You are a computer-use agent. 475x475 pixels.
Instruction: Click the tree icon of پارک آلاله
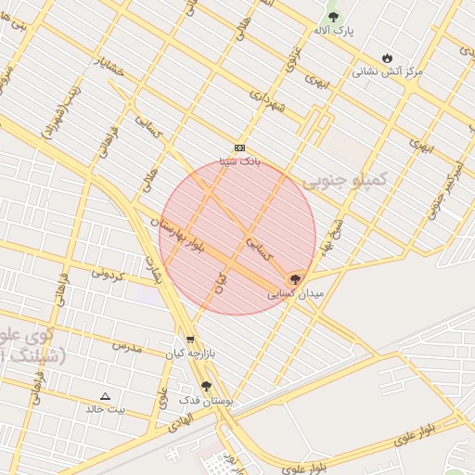coord(333,17)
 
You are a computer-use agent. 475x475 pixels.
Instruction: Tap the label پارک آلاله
coord(333,32)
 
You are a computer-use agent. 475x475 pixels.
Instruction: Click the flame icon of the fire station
coord(387,57)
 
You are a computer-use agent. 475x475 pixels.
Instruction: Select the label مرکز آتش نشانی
coord(387,71)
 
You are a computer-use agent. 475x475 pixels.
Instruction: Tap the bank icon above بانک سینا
coord(240,148)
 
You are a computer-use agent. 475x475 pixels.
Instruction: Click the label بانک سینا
coord(240,161)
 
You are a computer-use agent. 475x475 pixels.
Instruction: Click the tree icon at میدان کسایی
coord(295,277)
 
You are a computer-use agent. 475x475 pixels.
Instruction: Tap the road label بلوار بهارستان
coord(175,228)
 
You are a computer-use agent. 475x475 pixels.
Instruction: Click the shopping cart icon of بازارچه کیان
coord(190,340)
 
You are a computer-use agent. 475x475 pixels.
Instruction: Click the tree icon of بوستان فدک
coord(206,386)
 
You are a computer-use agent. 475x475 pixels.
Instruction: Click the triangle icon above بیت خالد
coord(105,395)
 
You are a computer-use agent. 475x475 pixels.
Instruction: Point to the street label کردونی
coord(107,274)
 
